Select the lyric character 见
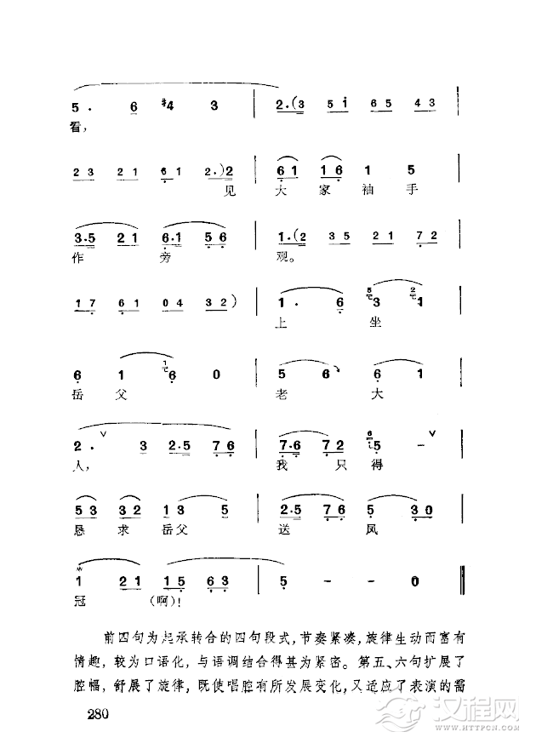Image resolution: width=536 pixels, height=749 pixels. (x=225, y=191)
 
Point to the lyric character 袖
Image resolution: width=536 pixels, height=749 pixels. (x=371, y=191)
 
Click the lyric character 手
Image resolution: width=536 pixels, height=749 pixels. (x=411, y=191)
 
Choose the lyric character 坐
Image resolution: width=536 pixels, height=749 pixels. (x=373, y=323)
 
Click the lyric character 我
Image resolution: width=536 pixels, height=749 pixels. (x=283, y=465)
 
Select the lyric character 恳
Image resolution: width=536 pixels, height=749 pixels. (x=80, y=530)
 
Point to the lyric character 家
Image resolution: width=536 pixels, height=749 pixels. (x=332, y=191)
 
